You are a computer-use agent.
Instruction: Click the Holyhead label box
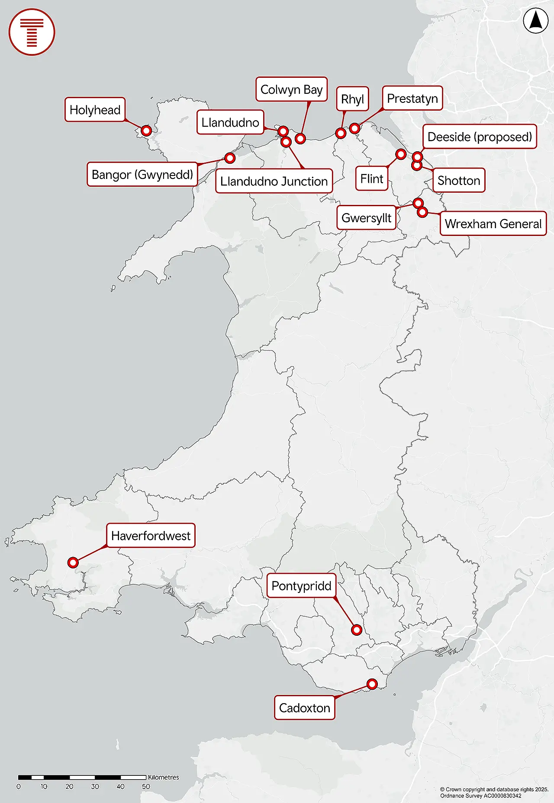(x=95, y=110)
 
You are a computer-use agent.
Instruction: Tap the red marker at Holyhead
(x=146, y=130)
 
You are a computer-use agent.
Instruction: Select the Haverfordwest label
(x=151, y=536)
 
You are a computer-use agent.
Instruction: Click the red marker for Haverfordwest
(x=73, y=562)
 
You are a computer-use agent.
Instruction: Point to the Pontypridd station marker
(x=357, y=630)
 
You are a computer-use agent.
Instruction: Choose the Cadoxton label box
(x=304, y=708)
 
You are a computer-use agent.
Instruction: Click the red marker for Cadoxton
(x=372, y=684)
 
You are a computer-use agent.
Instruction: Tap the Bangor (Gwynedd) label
(x=142, y=175)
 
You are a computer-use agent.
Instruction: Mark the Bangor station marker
(x=230, y=158)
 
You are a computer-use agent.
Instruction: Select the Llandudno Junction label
(x=274, y=181)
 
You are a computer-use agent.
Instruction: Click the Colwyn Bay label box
(x=291, y=89)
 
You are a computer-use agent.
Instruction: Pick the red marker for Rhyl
(x=341, y=133)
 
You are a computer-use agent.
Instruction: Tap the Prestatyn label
(x=412, y=99)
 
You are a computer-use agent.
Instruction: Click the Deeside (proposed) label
(x=479, y=137)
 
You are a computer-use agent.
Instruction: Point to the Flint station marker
(x=401, y=154)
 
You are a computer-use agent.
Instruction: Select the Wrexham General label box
(x=493, y=223)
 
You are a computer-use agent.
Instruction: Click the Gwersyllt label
(x=366, y=218)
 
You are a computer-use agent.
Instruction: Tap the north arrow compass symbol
(x=535, y=21)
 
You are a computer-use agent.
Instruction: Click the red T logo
(x=32, y=32)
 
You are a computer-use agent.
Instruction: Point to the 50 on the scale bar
(x=146, y=787)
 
